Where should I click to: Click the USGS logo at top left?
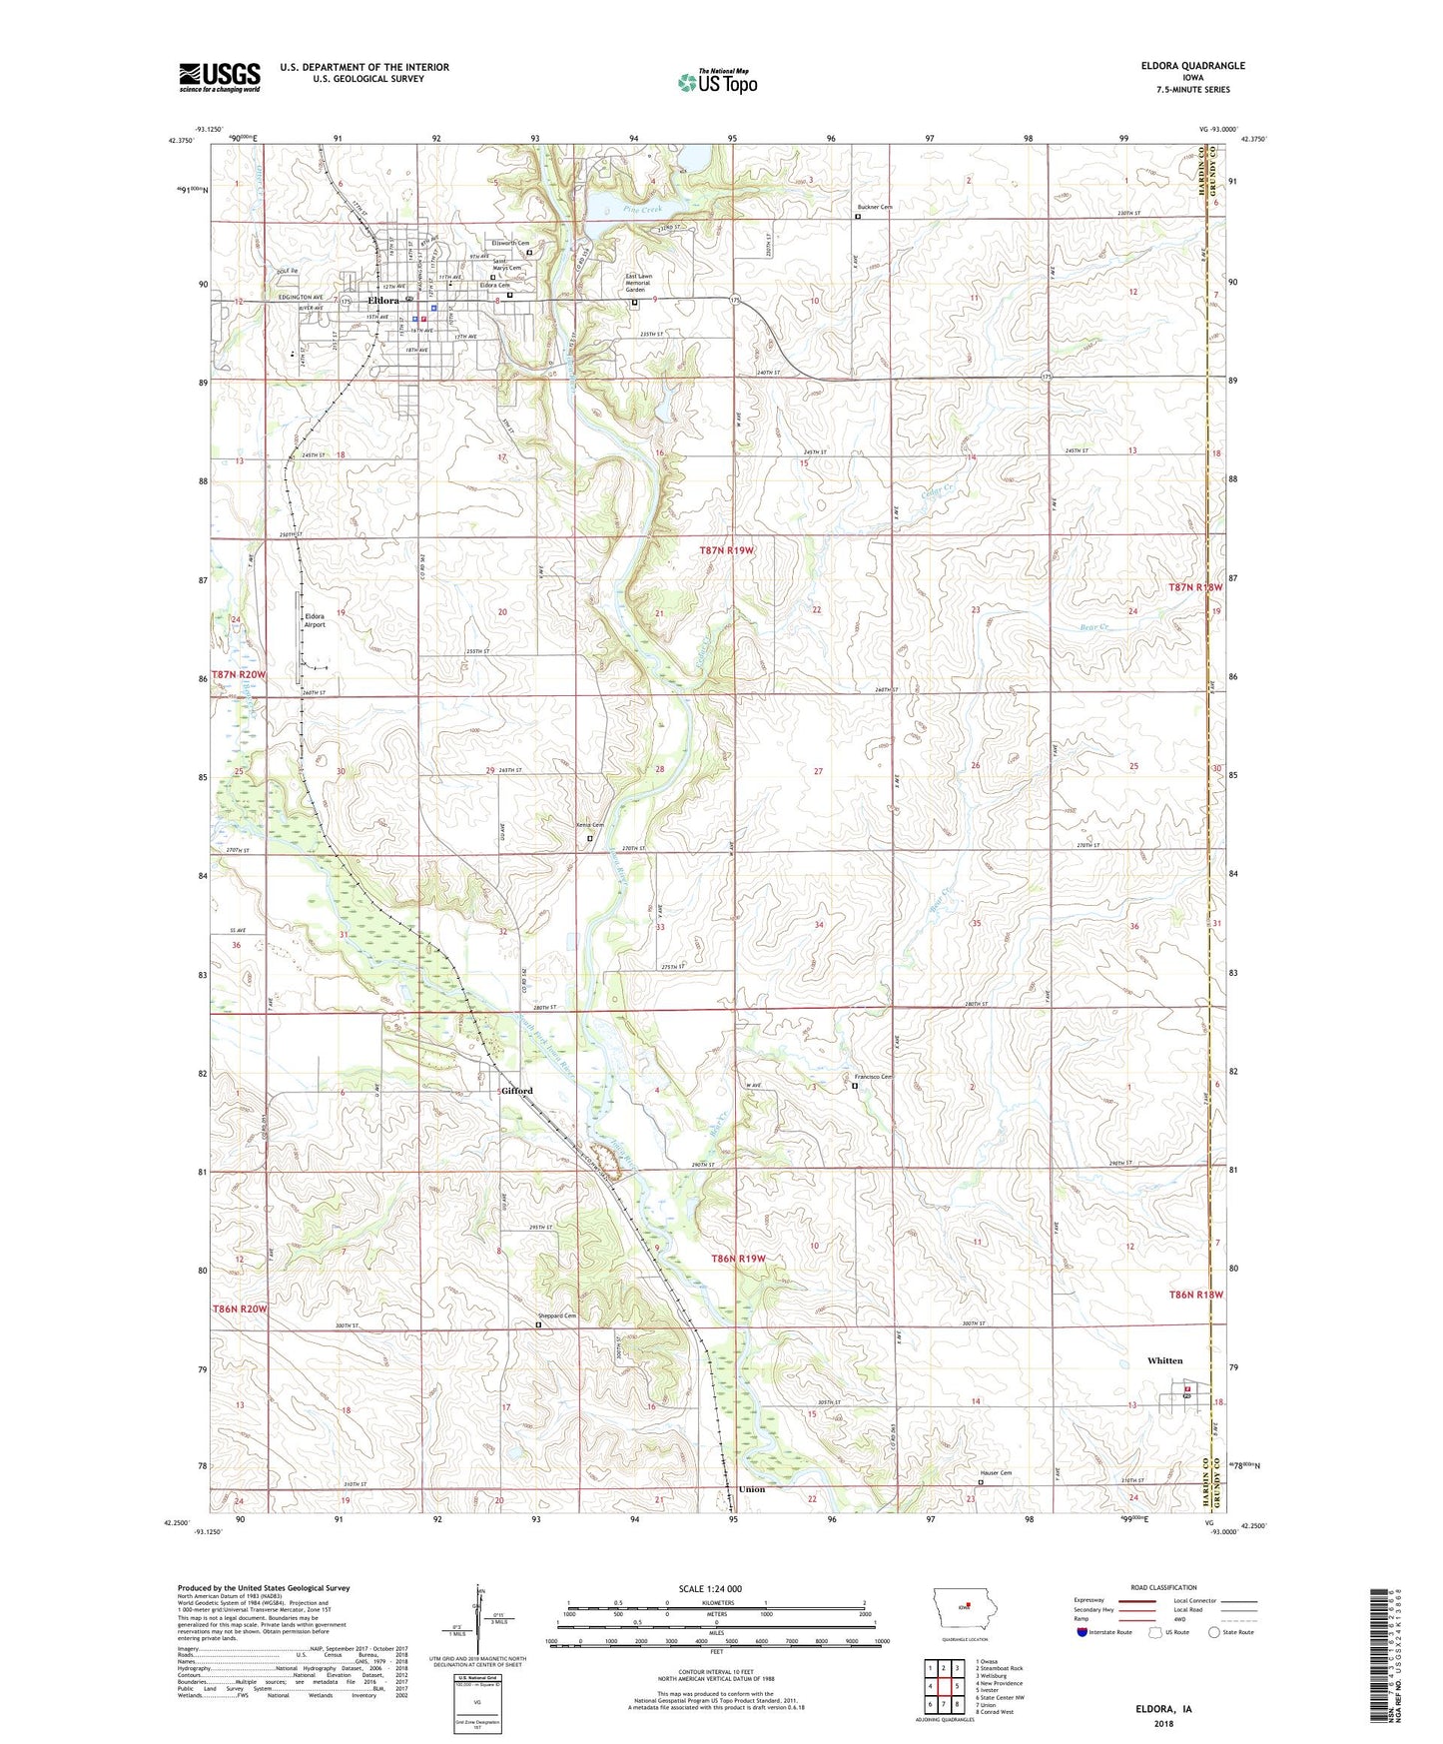point(220,77)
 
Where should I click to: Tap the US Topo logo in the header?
point(717,82)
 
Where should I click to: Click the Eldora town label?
point(383,301)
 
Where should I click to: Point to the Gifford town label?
point(517,1091)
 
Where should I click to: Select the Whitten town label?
point(1164,1360)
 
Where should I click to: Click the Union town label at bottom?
point(752,1489)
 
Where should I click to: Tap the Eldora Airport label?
point(315,620)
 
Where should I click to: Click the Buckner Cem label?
point(875,207)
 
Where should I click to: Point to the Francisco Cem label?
point(873,1077)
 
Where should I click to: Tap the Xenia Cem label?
point(590,825)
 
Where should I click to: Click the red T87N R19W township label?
point(732,550)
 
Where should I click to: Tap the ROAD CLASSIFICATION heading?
point(1164,1587)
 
